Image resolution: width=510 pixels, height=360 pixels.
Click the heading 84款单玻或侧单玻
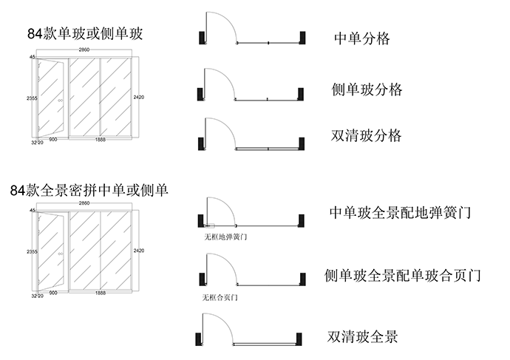(85, 33)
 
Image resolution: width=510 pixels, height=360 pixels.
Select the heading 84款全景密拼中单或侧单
(89, 189)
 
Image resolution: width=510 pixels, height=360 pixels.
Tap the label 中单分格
(362, 38)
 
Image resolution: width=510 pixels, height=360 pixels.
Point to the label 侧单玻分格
(367, 90)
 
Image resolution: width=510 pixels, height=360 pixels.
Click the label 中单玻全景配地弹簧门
(400, 214)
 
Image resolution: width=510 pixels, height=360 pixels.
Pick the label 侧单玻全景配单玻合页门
(403, 276)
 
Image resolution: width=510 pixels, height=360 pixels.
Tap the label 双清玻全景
(363, 336)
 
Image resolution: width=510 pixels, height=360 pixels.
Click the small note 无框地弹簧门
(225, 237)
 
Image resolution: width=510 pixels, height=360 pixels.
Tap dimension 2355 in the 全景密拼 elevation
(30, 252)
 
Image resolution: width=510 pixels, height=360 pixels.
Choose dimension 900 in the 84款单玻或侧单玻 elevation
(52, 139)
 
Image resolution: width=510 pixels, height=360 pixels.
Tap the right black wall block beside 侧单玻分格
(301, 94)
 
